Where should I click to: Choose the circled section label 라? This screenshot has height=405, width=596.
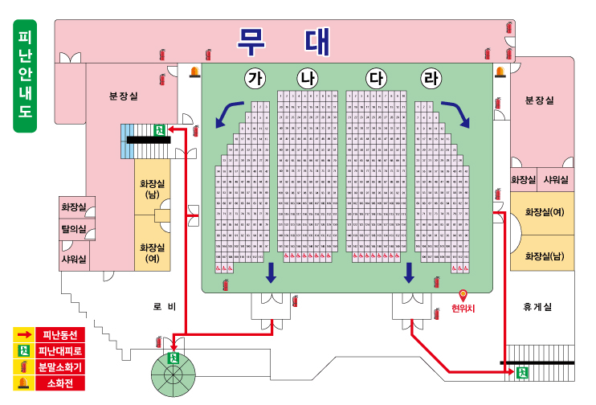[431, 79]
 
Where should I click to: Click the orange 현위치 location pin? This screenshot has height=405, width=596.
[463, 296]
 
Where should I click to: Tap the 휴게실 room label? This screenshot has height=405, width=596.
[537, 307]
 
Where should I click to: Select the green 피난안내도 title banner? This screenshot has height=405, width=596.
[25, 76]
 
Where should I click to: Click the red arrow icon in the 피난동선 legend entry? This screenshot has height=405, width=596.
[24, 334]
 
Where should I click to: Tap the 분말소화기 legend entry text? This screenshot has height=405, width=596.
[60, 367]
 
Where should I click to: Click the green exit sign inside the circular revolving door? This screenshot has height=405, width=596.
[172, 359]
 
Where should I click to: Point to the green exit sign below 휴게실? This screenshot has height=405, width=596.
[522, 372]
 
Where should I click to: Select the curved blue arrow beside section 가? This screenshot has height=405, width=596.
[230, 112]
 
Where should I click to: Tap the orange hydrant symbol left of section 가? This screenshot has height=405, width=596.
[194, 73]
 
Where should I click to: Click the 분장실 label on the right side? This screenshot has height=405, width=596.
[539, 100]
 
